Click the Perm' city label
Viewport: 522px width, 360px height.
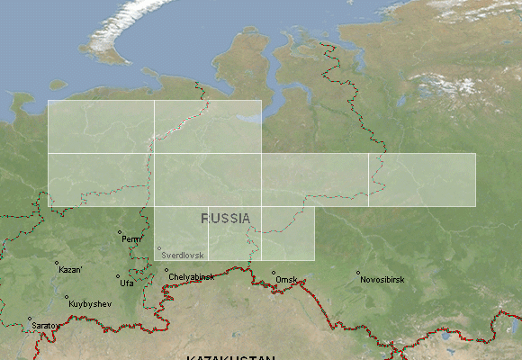coord(133,239)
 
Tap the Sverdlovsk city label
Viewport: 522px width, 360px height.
coord(183,256)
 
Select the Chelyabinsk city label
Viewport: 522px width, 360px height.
coord(192,276)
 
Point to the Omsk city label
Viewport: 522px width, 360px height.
coord(287,280)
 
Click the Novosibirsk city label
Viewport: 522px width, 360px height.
coord(382,280)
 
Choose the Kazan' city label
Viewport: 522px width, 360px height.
coord(70,269)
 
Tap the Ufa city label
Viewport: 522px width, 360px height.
coord(127,283)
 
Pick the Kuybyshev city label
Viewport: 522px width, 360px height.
coord(90,304)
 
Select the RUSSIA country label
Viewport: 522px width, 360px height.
coord(226,219)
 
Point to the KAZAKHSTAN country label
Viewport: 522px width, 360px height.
coord(230,357)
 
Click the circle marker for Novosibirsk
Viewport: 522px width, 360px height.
coord(357,273)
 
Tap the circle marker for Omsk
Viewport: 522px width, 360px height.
coord(274,273)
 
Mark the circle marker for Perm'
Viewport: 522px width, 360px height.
coord(120,232)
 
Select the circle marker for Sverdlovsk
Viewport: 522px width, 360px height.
coord(159,249)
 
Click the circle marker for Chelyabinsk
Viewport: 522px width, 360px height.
coord(166,269)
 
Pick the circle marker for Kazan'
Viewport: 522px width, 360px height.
coord(57,263)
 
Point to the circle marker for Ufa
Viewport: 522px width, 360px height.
coord(117,277)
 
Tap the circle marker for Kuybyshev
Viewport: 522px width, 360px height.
coord(66,297)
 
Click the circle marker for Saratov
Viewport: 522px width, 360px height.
coord(29,319)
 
